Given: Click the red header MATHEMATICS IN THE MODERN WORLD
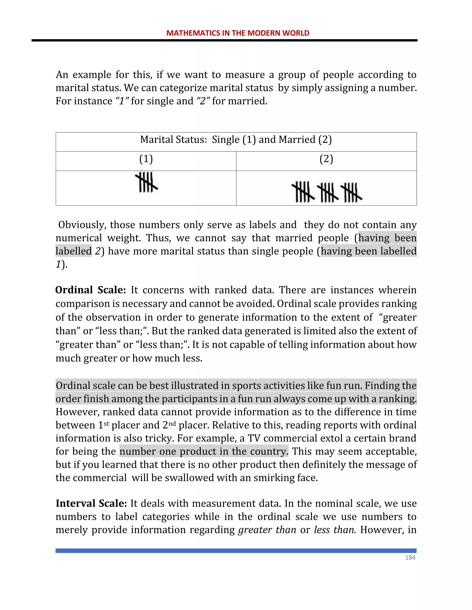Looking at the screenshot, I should pos(238,33).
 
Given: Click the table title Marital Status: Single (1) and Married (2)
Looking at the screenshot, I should pos(236,139).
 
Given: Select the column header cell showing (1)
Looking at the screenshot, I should pos(146,159).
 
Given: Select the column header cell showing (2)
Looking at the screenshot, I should pos(326,159).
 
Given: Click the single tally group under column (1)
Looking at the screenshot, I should pos(147,182).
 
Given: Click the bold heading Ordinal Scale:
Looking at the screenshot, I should pos(90,290).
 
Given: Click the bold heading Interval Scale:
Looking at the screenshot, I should pos(91,503).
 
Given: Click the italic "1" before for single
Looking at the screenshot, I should pos(122,101).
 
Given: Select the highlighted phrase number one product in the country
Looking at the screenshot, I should pos(204,451).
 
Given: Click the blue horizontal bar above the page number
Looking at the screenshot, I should pos(236,551).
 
